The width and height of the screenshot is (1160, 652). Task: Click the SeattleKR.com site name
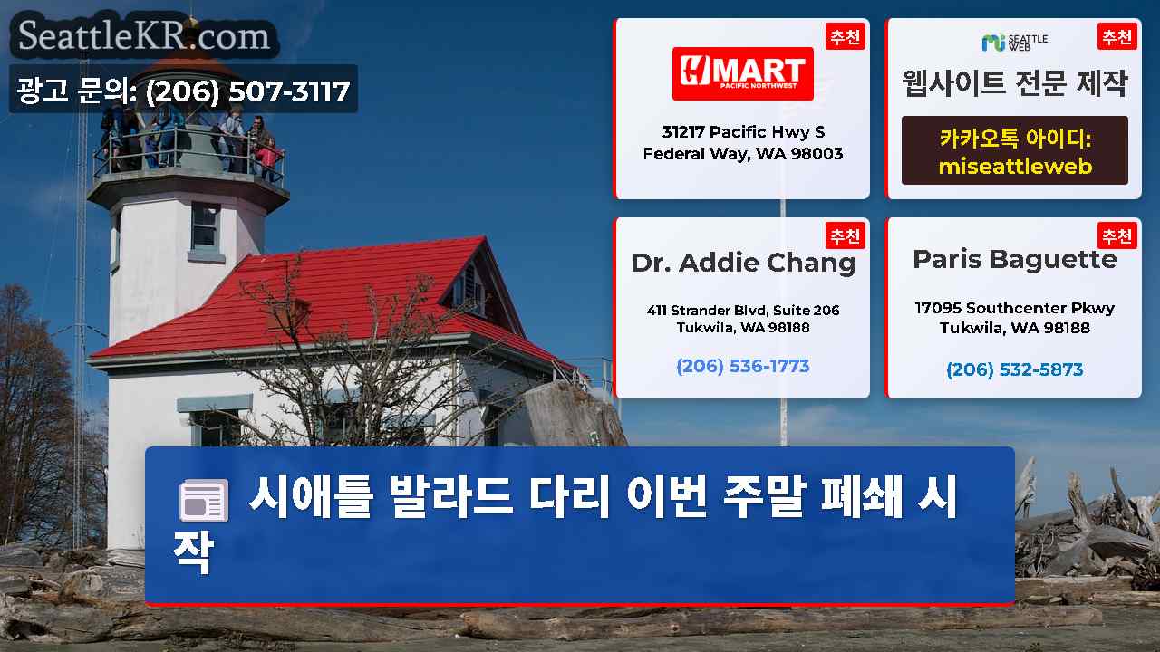[144, 35]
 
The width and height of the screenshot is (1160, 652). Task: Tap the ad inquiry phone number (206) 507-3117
[248, 91]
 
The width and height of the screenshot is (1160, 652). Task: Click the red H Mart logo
[742, 73]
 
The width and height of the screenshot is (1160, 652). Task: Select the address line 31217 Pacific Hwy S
[743, 132]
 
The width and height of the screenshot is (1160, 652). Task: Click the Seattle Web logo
[1014, 43]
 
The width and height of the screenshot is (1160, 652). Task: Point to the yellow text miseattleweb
[1015, 166]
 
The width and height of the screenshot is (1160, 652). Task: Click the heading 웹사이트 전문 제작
[1014, 83]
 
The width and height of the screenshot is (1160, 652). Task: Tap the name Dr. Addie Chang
[742, 264]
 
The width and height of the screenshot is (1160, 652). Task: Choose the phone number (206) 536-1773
[742, 367]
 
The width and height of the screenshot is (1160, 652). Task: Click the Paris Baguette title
[1014, 260]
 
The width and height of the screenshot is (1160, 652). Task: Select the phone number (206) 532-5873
[1014, 369]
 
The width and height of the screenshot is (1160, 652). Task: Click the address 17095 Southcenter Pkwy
[1014, 308]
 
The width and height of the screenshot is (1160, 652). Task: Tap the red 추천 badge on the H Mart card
[846, 37]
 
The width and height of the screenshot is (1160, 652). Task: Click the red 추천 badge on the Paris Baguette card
[1117, 236]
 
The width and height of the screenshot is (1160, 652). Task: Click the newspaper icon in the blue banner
[204, 500]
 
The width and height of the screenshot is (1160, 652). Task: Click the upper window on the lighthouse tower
[206, 226]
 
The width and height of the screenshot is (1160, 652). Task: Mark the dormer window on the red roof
[469, 289]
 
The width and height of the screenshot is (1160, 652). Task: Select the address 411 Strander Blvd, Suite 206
[742, 311]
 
